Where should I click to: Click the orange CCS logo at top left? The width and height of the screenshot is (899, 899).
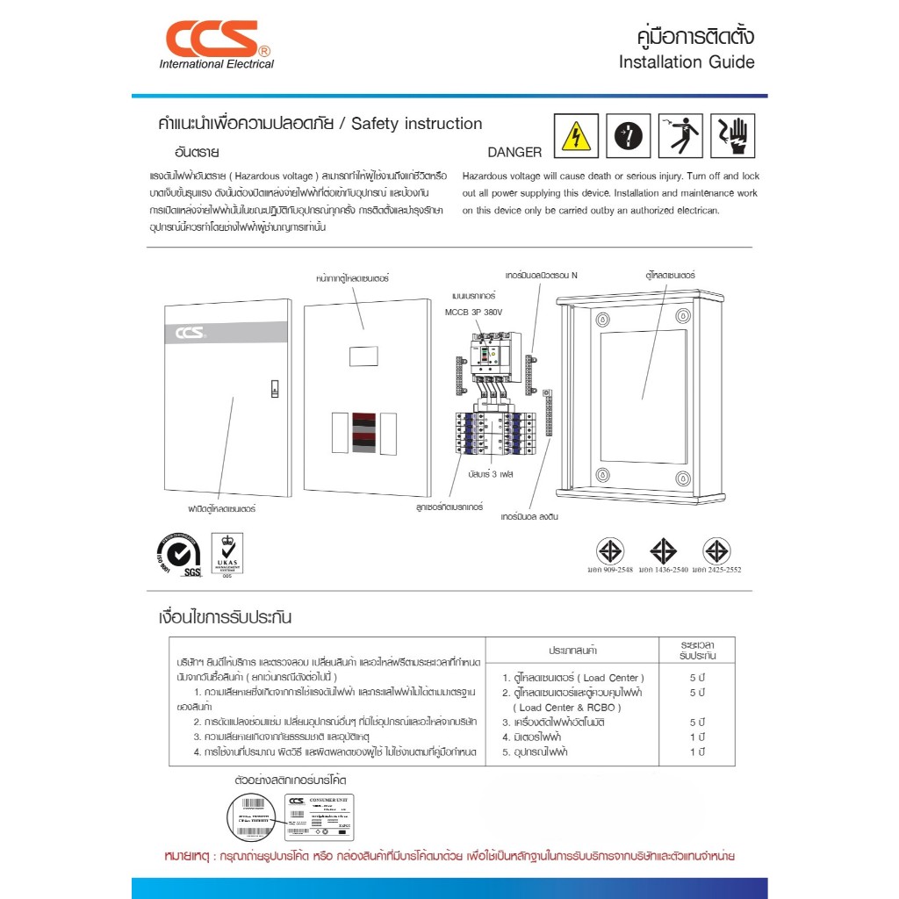point(213,39)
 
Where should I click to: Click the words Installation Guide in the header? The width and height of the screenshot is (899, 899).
point(686,62)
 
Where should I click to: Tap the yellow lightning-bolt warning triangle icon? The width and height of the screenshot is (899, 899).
point(577,137)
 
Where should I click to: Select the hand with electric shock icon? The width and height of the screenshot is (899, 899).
point(733,136)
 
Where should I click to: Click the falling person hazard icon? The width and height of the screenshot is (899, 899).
point(680,136)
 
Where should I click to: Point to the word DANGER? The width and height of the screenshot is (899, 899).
point(514,152)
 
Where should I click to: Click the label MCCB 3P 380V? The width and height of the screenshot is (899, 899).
point(474,312)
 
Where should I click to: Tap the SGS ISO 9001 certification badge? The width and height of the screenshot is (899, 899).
point(179,555)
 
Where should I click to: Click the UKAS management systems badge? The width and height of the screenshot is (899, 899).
point(227,555)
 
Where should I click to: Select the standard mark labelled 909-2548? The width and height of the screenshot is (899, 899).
point(610,552)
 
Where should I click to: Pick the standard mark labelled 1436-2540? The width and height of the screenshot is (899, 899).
point(663,552)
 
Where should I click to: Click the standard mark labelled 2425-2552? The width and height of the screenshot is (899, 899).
point(716,552)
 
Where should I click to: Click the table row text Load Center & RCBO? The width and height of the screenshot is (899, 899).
point(567,708)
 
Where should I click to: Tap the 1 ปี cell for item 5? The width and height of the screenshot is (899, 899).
point(698,752)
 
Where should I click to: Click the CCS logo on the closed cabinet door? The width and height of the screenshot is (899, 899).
point(190,333)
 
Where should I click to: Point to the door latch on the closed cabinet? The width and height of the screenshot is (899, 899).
point(274,390)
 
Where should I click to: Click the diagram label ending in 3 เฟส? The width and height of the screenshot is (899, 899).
point(490,473)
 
